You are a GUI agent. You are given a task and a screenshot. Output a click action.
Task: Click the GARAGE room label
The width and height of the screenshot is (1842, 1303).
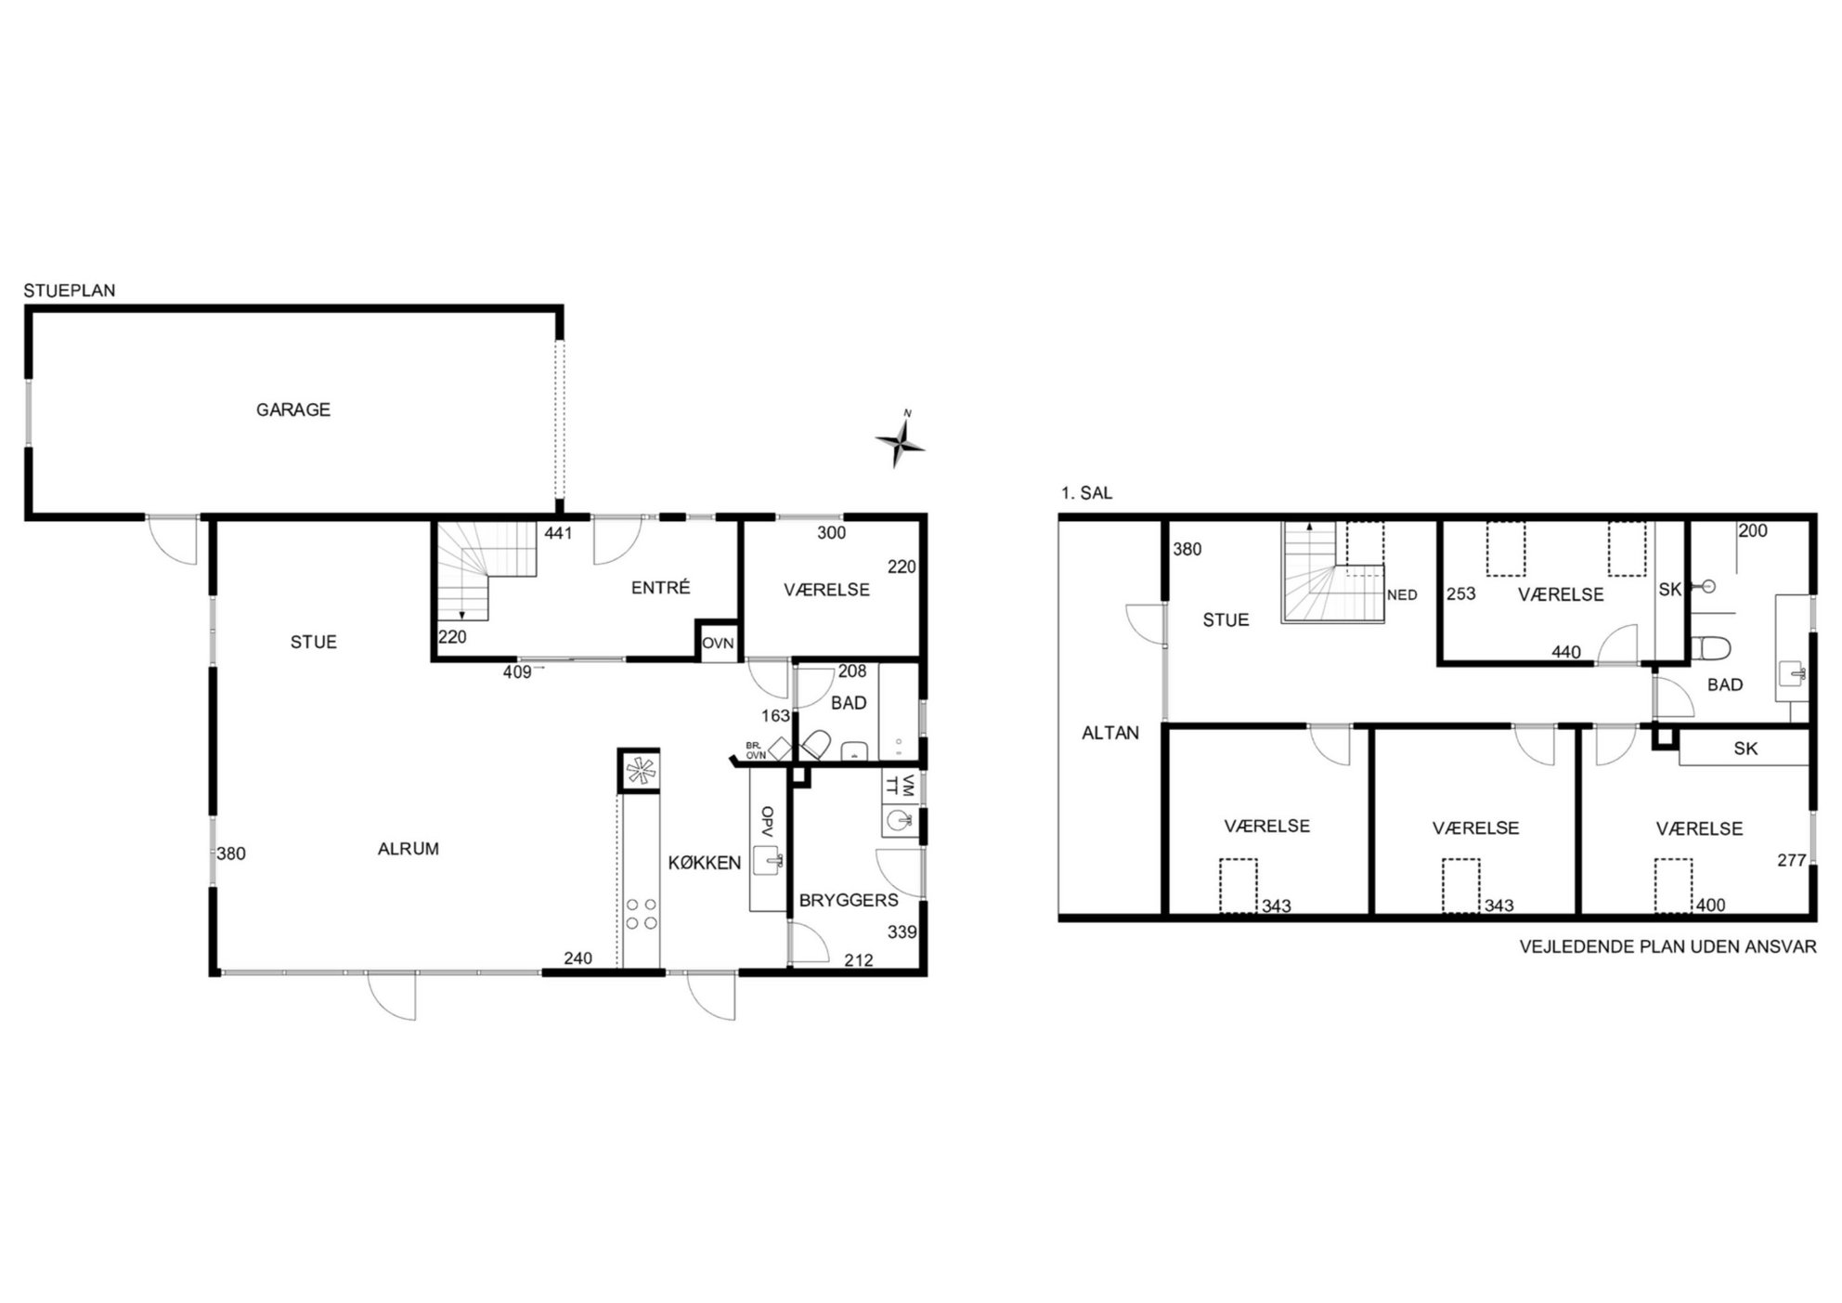click(293, 410)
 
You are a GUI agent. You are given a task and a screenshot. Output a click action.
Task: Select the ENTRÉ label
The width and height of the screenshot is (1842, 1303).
click(661, 587)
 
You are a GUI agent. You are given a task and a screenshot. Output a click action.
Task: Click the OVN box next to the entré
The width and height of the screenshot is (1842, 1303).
click(718, 642)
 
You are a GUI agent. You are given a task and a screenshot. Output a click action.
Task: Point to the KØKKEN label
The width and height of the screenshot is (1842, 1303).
click(705, 863)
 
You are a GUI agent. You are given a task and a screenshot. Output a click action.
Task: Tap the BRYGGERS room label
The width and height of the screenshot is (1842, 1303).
click(849, 900)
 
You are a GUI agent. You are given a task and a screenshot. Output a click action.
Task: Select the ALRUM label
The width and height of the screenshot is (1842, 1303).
click(409, 849)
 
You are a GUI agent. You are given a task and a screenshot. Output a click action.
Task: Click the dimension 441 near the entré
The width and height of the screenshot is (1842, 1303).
click(558, 533)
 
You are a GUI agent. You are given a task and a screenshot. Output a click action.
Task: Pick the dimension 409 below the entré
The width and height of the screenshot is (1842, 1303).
click(517, 671)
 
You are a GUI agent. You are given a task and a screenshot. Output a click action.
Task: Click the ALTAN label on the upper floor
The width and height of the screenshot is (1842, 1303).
click(1110, 733)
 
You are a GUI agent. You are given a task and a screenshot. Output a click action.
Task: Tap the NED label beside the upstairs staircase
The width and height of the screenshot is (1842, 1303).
click(1402, 595)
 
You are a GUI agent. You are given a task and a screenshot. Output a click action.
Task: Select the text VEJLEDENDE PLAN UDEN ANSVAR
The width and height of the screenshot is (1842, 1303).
click(1667, 947)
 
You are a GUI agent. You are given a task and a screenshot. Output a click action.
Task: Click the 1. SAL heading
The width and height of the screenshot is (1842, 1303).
click(1086, 493)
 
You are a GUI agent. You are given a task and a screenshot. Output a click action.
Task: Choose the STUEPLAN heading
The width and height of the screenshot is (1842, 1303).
click(70, 291)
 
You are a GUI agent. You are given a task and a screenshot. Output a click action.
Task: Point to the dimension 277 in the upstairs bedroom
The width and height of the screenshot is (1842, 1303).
click(1791, 860)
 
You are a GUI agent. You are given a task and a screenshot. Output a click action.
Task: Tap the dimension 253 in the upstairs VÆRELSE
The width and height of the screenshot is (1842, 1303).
click(1460, 593)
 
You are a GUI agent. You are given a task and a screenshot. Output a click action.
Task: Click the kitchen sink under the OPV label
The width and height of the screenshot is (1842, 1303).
click(769, 861)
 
